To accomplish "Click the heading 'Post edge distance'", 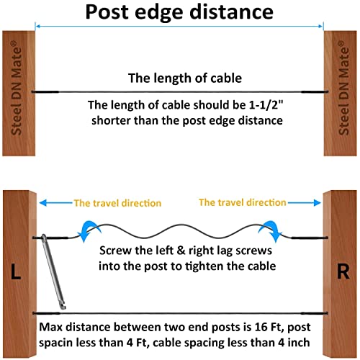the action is [179, 12].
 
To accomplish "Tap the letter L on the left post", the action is [16, 271].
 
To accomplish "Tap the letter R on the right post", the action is [343, 271].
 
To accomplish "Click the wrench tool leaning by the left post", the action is [53, 271].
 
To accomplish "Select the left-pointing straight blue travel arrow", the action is [56, 203].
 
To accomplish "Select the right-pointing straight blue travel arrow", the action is [304, 203].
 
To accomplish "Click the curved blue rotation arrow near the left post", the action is [89, 230].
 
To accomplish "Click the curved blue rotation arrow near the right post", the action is [270, 230].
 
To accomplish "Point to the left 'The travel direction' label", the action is [117, 203].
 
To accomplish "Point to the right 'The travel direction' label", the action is [243, 202].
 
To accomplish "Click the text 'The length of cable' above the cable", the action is [185, 78].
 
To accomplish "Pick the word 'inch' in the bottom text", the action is [299, 343].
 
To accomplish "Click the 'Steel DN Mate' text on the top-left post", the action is [17, 88].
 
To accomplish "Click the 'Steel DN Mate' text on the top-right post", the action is [343, 88].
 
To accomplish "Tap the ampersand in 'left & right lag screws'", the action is [181, 251].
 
